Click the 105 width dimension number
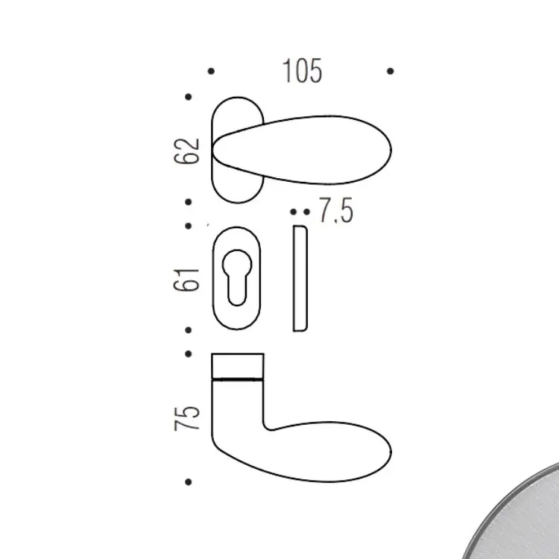303,71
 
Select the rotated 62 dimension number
186,151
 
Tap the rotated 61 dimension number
186,279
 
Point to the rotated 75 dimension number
186,418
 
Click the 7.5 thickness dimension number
336,210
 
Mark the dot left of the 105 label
211,72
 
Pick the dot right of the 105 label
391,72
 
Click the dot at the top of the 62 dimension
189,97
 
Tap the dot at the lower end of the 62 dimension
189,202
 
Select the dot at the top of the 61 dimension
189,226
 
